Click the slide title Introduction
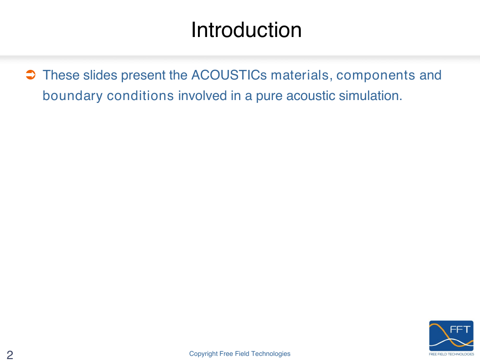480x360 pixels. [246, 30]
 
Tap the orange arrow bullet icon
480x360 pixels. [31, 74]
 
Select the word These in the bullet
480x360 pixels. [61, 75]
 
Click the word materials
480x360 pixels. [302, 75]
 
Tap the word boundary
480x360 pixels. [73, 96]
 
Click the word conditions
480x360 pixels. [140, 95]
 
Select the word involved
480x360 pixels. [203, 95]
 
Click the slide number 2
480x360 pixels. [10, 355]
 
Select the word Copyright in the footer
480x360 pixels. [203, 354]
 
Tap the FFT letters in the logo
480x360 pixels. [460, 329]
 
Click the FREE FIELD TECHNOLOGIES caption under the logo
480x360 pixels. [451, 354]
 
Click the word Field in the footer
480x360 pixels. [242, 354]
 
